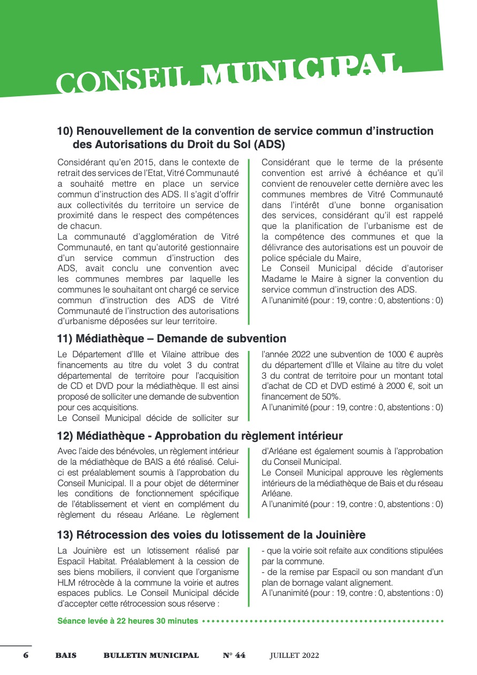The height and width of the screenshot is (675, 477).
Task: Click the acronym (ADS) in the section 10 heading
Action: tap(270, 144)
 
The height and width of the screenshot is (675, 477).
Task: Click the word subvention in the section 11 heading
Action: tap(256, 339)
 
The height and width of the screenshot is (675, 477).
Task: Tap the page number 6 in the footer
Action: tap(26, 655)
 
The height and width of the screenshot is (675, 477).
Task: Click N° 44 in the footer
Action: tap(234, 655)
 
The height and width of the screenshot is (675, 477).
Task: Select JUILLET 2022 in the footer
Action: tap(294, 655)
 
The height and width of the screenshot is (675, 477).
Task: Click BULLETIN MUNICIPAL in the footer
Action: tap(151, 655)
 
